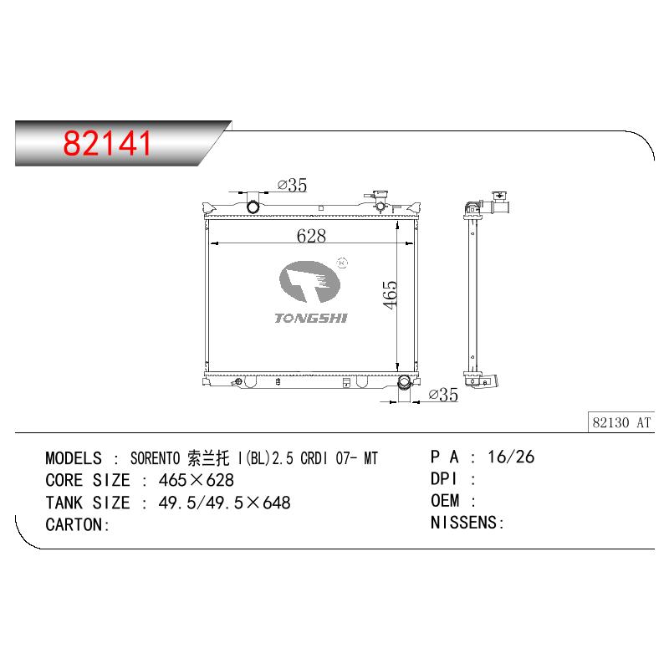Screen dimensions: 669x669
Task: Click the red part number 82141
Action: click(x=107, y=143)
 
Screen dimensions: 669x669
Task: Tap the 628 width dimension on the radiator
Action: click(x=311, y=236)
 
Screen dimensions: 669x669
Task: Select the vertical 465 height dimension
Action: click(x=390, y=294)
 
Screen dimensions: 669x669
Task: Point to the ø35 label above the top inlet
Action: click(x=292, y=185)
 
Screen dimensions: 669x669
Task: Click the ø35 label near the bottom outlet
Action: click(x=443, y=395)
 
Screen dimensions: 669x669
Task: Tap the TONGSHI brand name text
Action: click(x=311, y=318)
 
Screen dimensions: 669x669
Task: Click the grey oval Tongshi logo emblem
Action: click(x=309, y=282)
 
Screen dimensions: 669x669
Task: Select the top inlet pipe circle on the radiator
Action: click(x=253, y=207)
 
